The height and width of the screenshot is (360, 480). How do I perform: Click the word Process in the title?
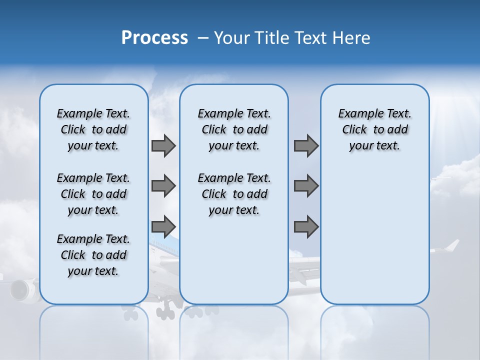154,38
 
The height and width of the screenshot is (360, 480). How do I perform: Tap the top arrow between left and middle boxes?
163,146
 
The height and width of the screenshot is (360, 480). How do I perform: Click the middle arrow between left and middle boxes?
163,186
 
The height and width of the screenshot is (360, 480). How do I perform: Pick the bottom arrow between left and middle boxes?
163,226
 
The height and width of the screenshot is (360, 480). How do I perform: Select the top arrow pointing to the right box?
306,146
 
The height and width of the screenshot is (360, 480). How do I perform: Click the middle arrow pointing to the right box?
306,186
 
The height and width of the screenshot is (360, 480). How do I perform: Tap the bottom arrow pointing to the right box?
306,226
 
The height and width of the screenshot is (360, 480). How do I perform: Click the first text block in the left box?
93,129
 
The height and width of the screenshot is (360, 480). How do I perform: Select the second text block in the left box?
93,194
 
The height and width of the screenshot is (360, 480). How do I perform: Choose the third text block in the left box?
93,255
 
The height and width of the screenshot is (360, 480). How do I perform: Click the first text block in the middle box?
234,129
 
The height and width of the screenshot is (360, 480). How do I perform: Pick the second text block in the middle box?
234,194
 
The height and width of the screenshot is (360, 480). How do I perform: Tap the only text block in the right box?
374,129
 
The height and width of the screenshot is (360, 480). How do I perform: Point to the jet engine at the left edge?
20,290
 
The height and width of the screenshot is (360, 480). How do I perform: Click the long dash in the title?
203,38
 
